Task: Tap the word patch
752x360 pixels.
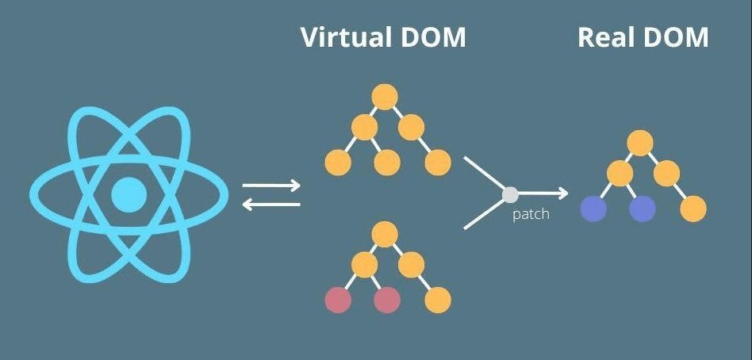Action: click(x=531, y=214)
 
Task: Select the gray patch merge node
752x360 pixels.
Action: click(x=510, y=193)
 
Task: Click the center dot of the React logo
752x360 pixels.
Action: click(x=129, y=195)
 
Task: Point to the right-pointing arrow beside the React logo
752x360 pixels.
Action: click(x=271, y=186)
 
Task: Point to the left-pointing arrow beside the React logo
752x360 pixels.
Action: click(x=271, y=205)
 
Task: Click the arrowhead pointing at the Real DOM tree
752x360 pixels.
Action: click(x=563, y=193)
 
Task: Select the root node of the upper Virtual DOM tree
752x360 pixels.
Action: click(x=385, y=97)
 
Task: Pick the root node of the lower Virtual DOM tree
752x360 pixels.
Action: click(x=385, y=234)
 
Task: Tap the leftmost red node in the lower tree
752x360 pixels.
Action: click(x=338, y=300)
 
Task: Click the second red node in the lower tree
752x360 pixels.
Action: click(x=386, y=300)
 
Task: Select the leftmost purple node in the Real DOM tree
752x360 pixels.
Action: click(x=593, y=209)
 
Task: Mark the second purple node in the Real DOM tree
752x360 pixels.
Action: click(x=643, y=209)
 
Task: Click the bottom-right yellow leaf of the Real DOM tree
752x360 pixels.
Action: click(x=693, y=209)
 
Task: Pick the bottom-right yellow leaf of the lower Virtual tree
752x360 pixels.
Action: click(x=438, y=300)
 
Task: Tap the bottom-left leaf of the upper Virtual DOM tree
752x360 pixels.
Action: click(x=338, y=163)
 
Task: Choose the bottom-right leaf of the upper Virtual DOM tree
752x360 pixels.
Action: click(x=438, y=163)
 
